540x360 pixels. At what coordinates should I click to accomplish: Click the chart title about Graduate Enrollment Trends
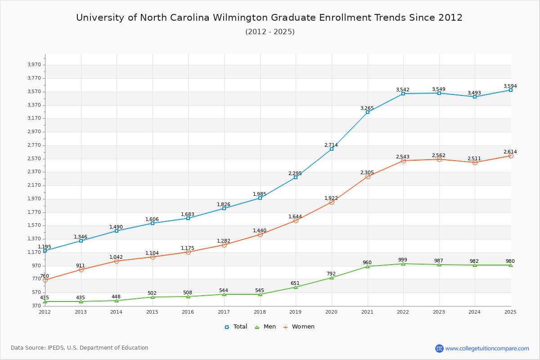click(x=269, y=18)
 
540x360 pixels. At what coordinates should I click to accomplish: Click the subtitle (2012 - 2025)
click(x=270, y=31)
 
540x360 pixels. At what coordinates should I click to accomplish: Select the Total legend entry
click(x=236, y=327)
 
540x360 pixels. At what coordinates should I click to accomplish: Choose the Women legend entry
click(x=299, y=327)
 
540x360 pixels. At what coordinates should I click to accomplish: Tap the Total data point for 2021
click(x=368, y=112)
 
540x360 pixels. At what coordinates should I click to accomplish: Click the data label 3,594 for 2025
click(x=510, y=86)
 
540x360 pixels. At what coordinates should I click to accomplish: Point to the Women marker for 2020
click(x=332, y=202)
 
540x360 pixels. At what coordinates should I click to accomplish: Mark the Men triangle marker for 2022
click(x=403, y=264)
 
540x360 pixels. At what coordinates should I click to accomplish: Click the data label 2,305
click(x=367, y=173)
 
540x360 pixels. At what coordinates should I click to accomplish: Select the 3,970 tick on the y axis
click(x=34, y=65)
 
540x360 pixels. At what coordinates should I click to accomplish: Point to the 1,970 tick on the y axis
click(x=34, y=198)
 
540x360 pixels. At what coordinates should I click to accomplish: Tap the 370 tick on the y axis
click(x=36, y=306)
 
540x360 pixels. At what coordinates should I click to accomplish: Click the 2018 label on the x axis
click(x=260, y=312)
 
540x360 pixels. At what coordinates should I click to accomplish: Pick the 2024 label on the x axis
click(x=475, y=312)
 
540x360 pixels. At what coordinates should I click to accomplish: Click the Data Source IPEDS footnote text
click(x=80, y=348)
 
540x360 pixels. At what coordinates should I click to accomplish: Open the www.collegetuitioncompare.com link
click(x=487, y=348)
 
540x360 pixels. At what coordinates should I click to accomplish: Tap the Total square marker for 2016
click(x=188, y=218)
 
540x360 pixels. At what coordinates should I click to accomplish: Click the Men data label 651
click(x=295, y=283)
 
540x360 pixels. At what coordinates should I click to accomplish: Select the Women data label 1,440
click(x=259, y=230)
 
